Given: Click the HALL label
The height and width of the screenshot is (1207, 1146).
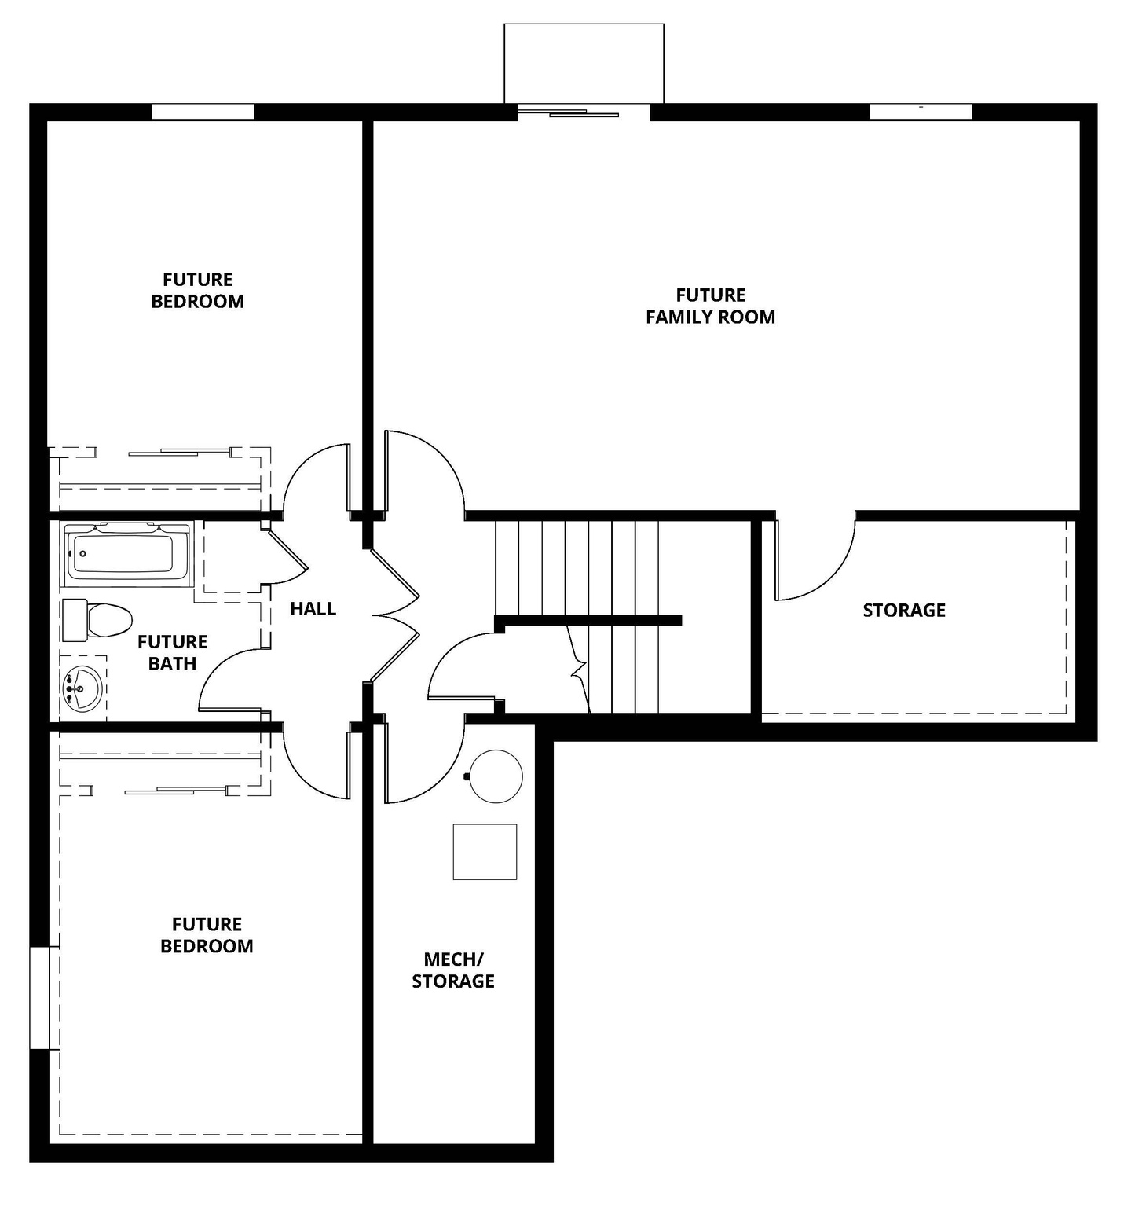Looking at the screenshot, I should pos(313,608).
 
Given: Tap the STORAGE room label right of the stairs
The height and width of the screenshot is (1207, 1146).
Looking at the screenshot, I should pos(903,610).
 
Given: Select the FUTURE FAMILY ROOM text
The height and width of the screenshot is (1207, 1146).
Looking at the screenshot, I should pos(710,306).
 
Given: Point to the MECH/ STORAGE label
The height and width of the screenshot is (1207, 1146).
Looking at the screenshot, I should pos(453,970).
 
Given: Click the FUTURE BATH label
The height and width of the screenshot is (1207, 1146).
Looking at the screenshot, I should pos(172,652).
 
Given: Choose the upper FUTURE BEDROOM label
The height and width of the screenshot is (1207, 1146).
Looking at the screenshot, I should pos(197,290).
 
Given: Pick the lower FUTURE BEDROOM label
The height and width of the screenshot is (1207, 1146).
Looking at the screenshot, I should pos(207,934).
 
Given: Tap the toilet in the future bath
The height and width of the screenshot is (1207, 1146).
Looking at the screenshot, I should pos(97,620).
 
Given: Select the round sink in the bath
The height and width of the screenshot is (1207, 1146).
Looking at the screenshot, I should pos(82,688).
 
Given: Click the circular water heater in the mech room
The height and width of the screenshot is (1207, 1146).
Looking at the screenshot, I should pos(496,776).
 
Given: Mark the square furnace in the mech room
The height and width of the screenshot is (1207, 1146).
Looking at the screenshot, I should pos(485,851).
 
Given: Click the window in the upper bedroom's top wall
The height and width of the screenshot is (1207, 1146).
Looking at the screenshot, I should pos(203,112).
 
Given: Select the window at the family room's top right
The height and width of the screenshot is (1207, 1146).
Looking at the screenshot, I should pos(921,112).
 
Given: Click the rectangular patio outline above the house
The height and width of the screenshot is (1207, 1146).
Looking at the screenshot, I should pos(584,63).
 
